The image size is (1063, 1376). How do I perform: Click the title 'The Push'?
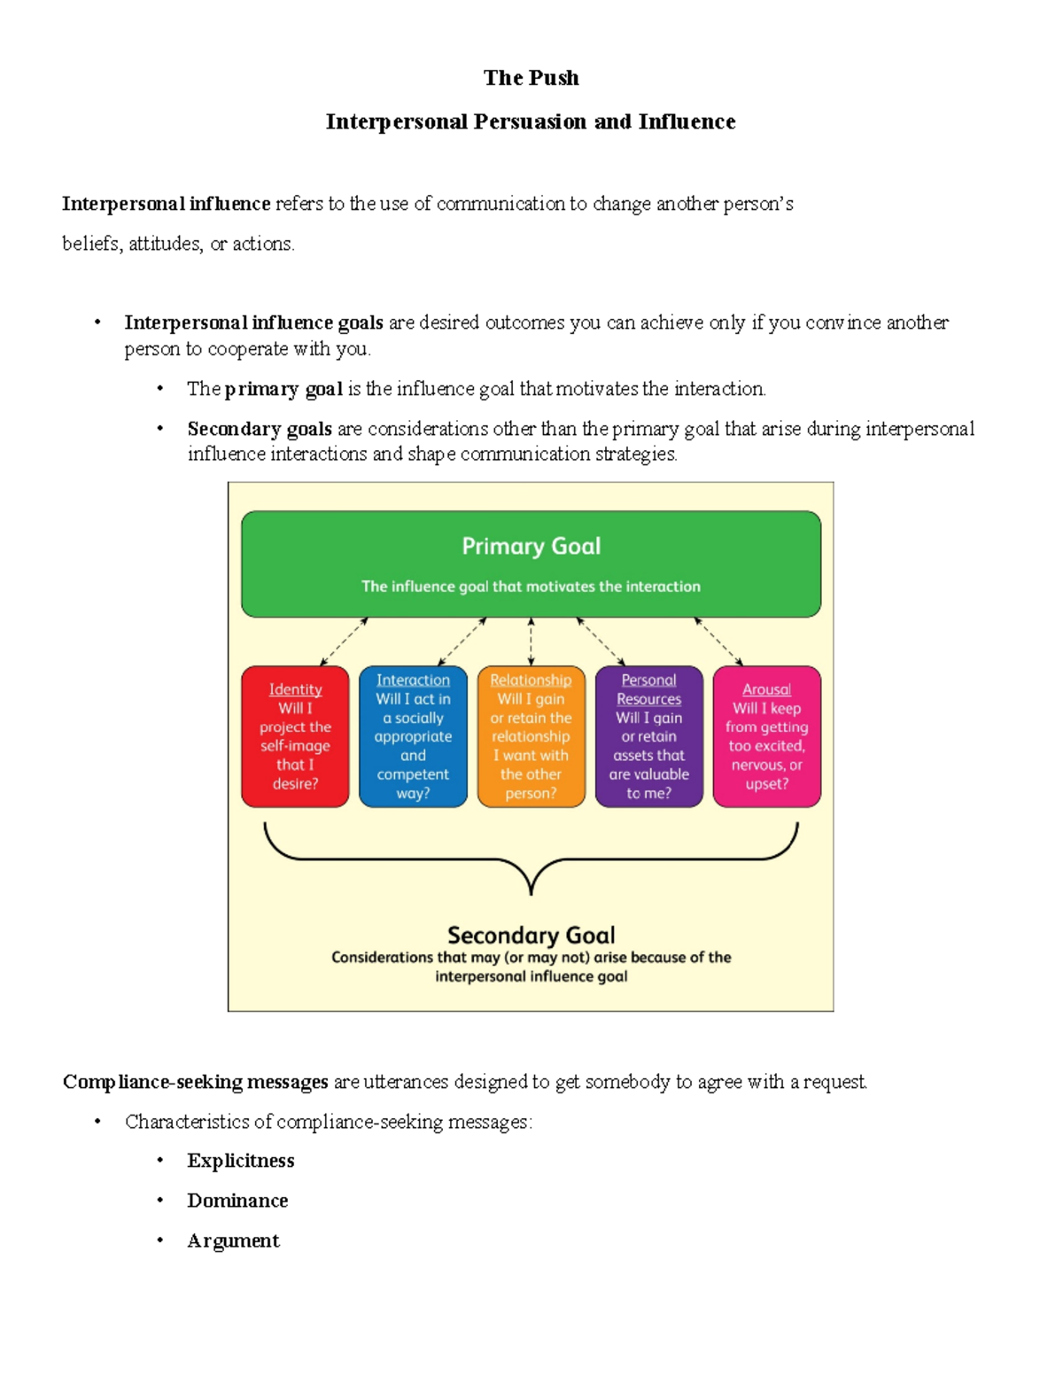click(531, 78)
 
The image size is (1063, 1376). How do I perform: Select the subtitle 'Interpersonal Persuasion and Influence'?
click(531, 121)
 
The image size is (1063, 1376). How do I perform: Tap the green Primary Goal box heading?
click(531, 546)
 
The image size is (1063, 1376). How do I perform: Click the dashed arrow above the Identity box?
click(344, 641)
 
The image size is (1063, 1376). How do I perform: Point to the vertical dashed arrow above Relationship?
click(531, 641)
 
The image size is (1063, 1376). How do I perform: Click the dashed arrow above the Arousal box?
click(718, 641)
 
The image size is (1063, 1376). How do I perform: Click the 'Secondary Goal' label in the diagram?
click(531, 935)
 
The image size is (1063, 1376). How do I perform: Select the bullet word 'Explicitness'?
click(240, 1161)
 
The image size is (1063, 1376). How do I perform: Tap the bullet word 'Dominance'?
click(237, 1201)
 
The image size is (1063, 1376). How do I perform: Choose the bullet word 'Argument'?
click(233, 1240)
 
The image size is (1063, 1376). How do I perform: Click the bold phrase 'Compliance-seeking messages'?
click(195, 1082)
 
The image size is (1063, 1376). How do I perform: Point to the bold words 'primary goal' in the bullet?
click(283, 389)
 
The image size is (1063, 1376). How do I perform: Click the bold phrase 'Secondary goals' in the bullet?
click(260, 429)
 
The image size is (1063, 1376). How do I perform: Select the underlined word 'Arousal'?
click(766, 689)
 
